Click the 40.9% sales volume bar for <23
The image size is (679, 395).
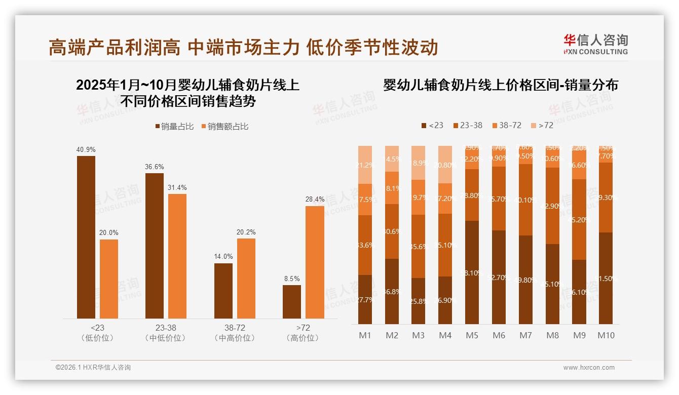pos(86,237)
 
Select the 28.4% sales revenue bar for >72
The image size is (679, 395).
pos(315,262)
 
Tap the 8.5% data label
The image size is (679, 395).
pos(292,279)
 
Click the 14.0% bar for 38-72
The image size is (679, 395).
pos(223,291)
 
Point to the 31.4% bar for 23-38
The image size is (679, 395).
pos(177,256)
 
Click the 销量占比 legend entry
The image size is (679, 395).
pos(174,127)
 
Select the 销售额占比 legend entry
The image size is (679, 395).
pos(225,127)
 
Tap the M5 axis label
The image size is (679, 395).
pos(472,335)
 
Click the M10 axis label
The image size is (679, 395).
pos(606,335)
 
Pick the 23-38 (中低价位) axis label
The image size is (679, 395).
pos(166,333)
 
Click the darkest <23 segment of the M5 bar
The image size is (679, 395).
pos(472,272)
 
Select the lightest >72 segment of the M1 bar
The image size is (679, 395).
pos(365,165)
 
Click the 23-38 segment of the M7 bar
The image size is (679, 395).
pos(525,200)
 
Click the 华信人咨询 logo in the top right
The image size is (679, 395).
pos(595,44)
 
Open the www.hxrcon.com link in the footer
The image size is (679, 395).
pos(589,368)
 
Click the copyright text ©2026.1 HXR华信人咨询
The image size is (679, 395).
pos(93,368)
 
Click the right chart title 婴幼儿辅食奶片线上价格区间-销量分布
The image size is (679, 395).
pos(501,85)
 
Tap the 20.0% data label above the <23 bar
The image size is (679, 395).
pos(109,233)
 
